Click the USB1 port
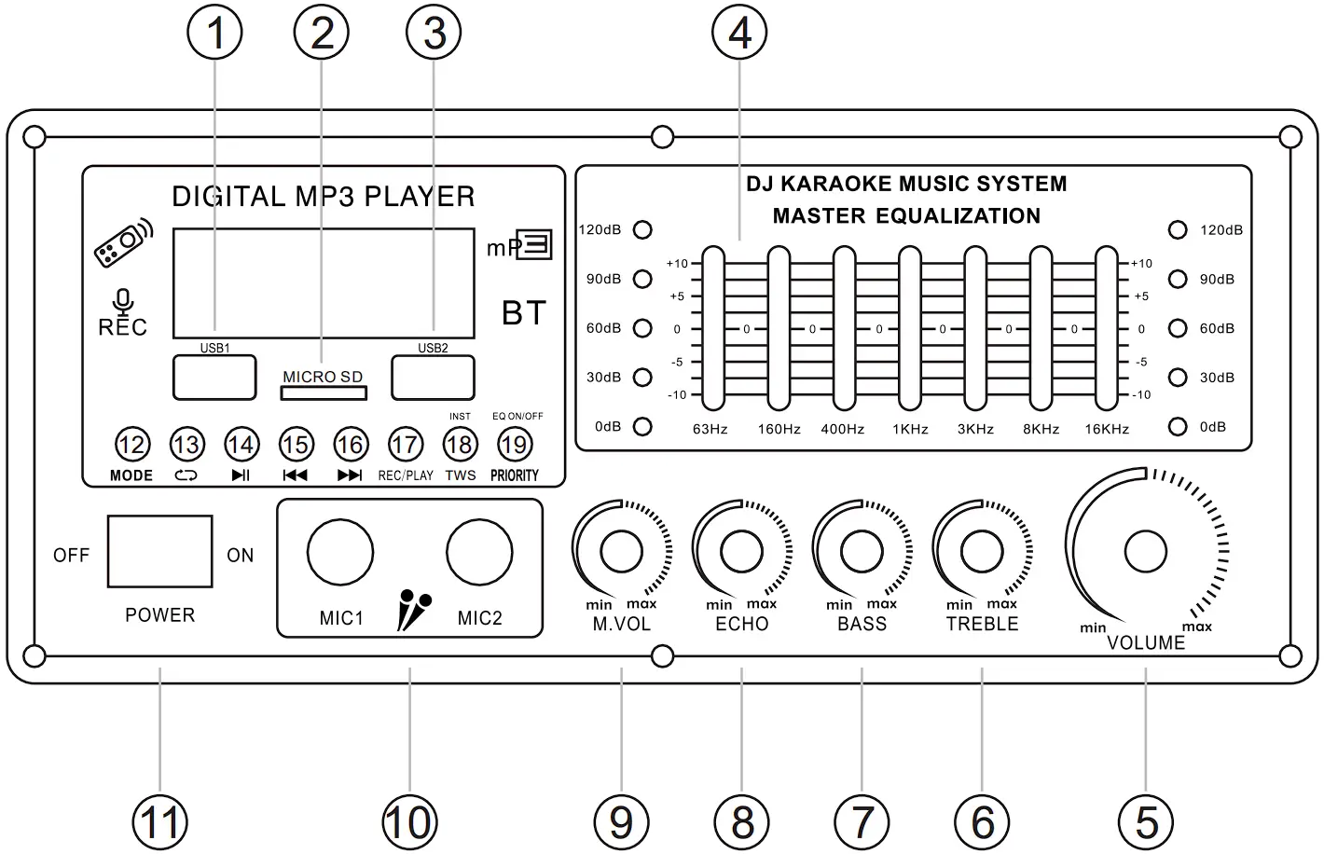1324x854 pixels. click(x=214, y=378)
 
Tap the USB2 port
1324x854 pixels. click(x=433, y=378)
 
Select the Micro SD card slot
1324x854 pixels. click(x=324, y=393)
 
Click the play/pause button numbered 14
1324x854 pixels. click(x=241, y=445)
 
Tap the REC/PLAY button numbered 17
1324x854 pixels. click(x=405, y=445)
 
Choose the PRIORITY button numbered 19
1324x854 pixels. click(x=515, y=445)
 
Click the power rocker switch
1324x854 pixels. click(x=159, y=551)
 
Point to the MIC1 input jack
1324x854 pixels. click(x=340, y=553)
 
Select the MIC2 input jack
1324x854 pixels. click(x=479, y=553)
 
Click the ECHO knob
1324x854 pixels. click(x=741, y=552)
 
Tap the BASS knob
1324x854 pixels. click(x=862, y=552)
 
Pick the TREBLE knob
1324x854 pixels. click(x=981, y=552)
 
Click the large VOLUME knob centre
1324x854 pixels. click(x=1146, y=552)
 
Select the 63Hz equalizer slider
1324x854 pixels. click(x=713, y=328)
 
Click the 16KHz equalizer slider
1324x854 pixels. click(x=1106, y=328)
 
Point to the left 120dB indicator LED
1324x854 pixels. click(x=642, y=229)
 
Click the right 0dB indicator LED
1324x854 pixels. click(x=1179, y=426)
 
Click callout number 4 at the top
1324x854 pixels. click(x=739, y=34)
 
